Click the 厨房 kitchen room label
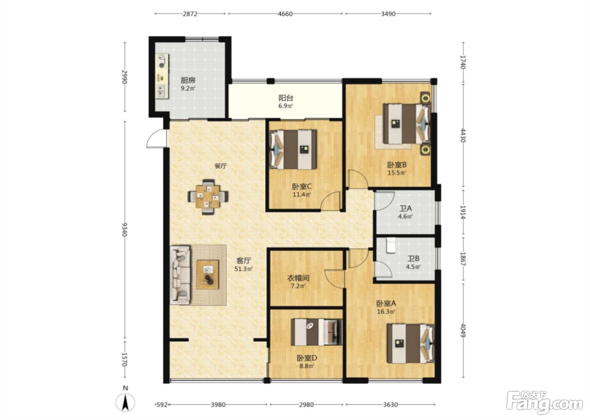tap(188, 80)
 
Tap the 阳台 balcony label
tap(286, 98)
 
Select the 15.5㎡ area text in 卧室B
tap(397, 173)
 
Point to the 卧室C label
tap(302, 186)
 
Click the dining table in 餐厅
tap(208, 197)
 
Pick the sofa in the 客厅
tap(180, 275)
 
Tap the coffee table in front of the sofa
tap(208, 275)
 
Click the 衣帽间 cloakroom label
tap(298, 278)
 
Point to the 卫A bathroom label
tap(405, 209)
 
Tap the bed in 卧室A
tap(410, 344)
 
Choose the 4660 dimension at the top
tap(285, 14)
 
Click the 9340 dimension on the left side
tap(125, 229)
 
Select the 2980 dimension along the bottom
tap(306, 404)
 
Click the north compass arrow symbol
tap(126, 401)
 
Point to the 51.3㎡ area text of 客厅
tap(244, 269)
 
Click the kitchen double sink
tap(162, 91)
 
